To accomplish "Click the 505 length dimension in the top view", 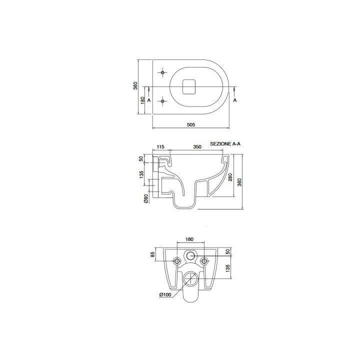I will coord(190,124).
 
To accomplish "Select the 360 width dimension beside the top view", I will coord(135,85).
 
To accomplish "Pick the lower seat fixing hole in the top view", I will coord(162,101).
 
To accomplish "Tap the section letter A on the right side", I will coord(235,100).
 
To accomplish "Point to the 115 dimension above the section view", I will coord(160,146).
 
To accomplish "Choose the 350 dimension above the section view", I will coord(197,146).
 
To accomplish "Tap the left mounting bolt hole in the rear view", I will coord(176,261).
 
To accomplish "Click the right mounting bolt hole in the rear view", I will coord(203,261).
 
